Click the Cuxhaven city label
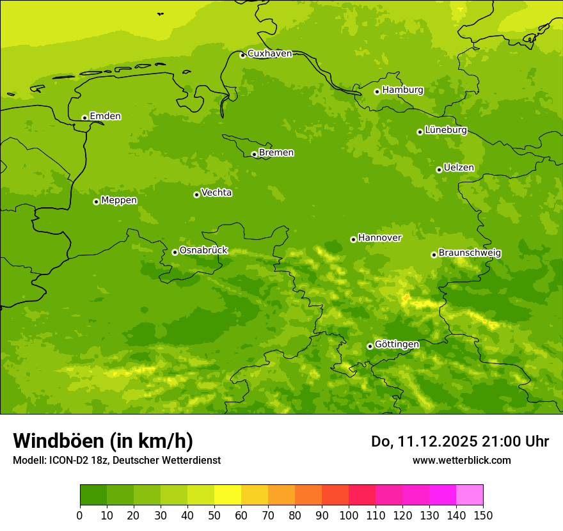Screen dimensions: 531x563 point(269,54)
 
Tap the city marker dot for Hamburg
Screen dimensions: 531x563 point(377,91)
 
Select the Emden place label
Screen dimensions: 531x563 point(105,116)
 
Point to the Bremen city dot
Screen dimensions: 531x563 point(254,154)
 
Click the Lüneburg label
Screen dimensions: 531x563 point(445,130)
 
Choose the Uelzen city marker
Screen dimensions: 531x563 point(439,170)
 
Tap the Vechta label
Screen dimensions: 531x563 point(216,193)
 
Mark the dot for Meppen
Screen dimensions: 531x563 point(96,202)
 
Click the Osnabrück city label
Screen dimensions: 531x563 point(203,250)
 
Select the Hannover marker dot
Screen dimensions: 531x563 point(353,239)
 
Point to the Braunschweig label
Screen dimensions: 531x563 point(470,253)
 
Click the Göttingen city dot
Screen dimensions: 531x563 point(370,346)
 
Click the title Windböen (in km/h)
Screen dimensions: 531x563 point(103,441)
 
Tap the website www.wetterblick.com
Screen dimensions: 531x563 point(461,460)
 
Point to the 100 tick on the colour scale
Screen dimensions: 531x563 point(349,515)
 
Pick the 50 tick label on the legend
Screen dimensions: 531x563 point(214,515)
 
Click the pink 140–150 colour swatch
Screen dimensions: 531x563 point(470,495)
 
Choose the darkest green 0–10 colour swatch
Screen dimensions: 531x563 point(93,495)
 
